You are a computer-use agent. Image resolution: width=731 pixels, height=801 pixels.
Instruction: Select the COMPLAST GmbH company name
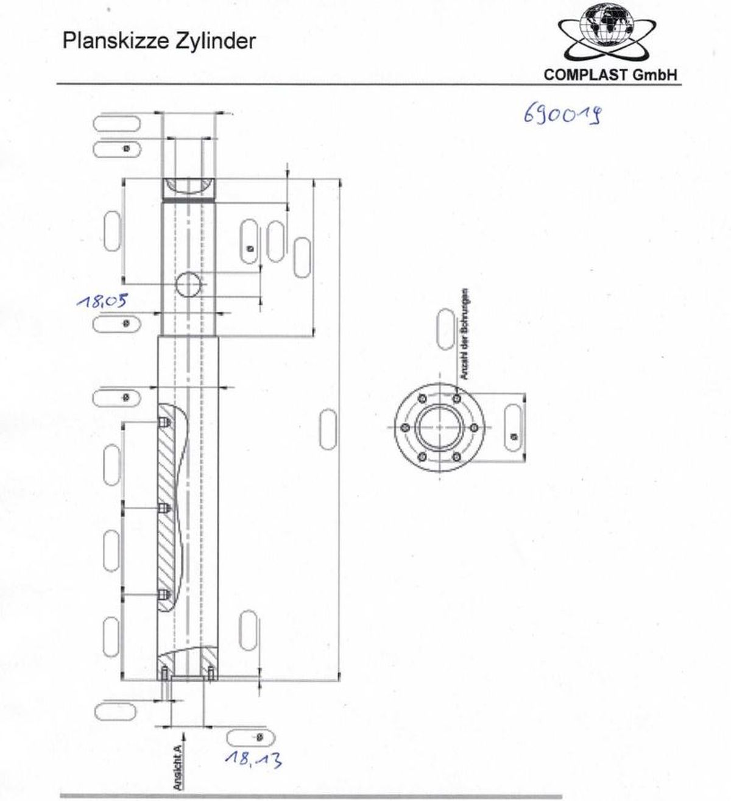coord(610,74)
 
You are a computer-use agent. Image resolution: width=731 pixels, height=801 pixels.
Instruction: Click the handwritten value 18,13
coord(252,758)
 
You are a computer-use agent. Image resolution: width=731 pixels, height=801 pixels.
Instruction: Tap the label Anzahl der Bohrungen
coord(464,334)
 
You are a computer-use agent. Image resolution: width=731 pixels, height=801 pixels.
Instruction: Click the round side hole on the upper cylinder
coord(189,284)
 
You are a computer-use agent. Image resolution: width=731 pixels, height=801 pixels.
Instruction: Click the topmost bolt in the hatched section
coord(163,423)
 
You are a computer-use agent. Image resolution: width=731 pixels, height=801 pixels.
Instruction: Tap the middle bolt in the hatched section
coord(163,508)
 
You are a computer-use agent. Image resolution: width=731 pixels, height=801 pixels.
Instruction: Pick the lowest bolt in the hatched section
coord(163,594)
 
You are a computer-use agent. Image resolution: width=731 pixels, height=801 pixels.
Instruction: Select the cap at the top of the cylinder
coord(189,188)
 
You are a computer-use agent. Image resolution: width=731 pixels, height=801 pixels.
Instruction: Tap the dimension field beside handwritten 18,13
coord(246,738)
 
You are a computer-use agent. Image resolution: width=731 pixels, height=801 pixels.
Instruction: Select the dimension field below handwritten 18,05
coord(117,323)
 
